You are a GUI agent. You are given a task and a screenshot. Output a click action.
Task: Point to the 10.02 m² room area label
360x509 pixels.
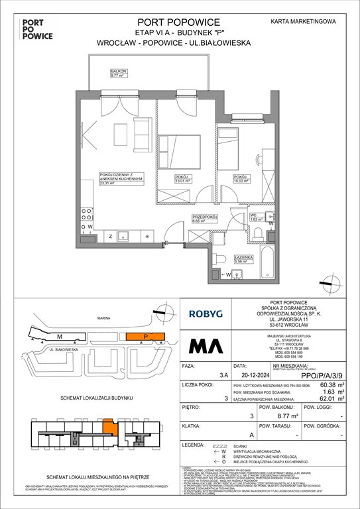[240, 180]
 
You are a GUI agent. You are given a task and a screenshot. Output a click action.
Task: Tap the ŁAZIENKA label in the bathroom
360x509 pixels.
[239, 241]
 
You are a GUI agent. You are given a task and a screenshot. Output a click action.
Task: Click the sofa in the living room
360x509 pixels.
[143, 127]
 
